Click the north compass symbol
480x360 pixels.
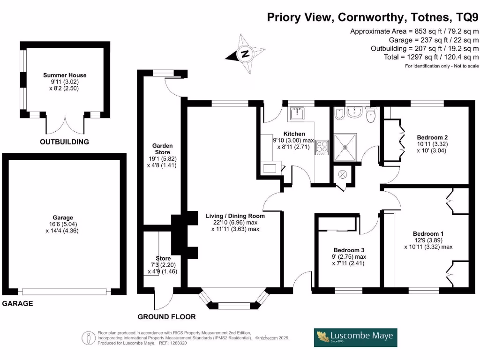pyautogui.click(x=244, y=54)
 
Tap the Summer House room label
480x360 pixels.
pyautogui.click(x=65, y=75)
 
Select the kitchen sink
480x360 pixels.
pyautogui.click(x=297, y=113)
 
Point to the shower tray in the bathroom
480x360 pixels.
pyautogui.click(x=347, y=148)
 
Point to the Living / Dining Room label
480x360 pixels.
pyautogui.click(x=235, y=216)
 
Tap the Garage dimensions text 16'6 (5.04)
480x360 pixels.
pyautogui.click(x=63, y=224)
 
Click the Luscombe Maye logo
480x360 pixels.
pyautogui.click(x=355, y=337)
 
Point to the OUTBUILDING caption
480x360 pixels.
pyautogui.click(x=64, y=142)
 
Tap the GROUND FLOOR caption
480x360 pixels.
pyautogui.click(x=166, y=317)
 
